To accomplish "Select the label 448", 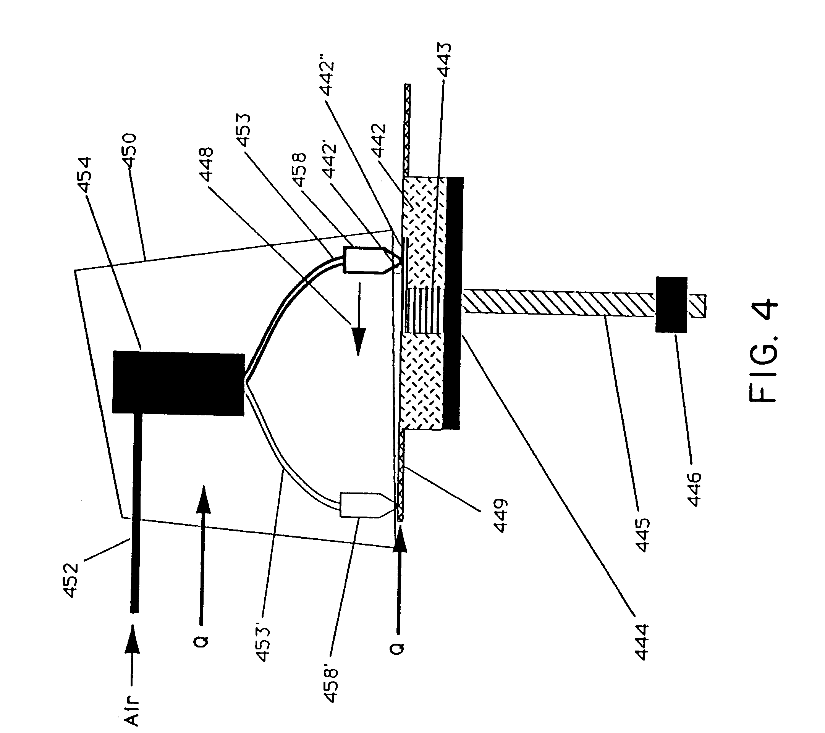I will click(x=206, y=165).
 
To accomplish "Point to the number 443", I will click(x=445, y=60).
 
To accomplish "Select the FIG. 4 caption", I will click(x=763, y=351).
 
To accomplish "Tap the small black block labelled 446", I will click(x=671, y=305).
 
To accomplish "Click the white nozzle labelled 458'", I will click(x=361, y=504).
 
